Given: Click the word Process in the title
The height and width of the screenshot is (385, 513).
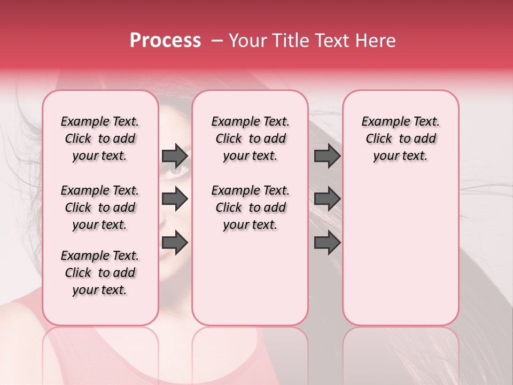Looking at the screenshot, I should (x=165, y=41).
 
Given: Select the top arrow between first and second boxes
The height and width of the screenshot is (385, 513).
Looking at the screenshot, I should (x=175, y=156).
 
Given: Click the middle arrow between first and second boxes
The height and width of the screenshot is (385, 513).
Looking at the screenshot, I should (x=175, y=199).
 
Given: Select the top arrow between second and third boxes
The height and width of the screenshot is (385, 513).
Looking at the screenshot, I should (x=327, y=156).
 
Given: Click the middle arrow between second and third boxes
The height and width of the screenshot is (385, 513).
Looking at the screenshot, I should (x=327, y=199).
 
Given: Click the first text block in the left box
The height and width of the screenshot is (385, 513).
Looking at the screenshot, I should (x=100, y=138).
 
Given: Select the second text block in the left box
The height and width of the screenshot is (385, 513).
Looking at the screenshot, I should (x=100, y=207).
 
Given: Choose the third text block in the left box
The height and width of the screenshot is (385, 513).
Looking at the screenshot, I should (x=100, y=273).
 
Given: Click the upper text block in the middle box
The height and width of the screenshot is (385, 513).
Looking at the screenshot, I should (x=250, y=138).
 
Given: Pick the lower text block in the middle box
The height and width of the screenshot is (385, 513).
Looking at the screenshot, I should (x=250, y=207).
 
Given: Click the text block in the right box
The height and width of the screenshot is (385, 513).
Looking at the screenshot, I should (x=400, y=138).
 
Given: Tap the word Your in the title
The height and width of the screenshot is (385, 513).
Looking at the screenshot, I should (x=247, y=41).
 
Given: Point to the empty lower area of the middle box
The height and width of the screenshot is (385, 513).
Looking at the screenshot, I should (x=250, y=278).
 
